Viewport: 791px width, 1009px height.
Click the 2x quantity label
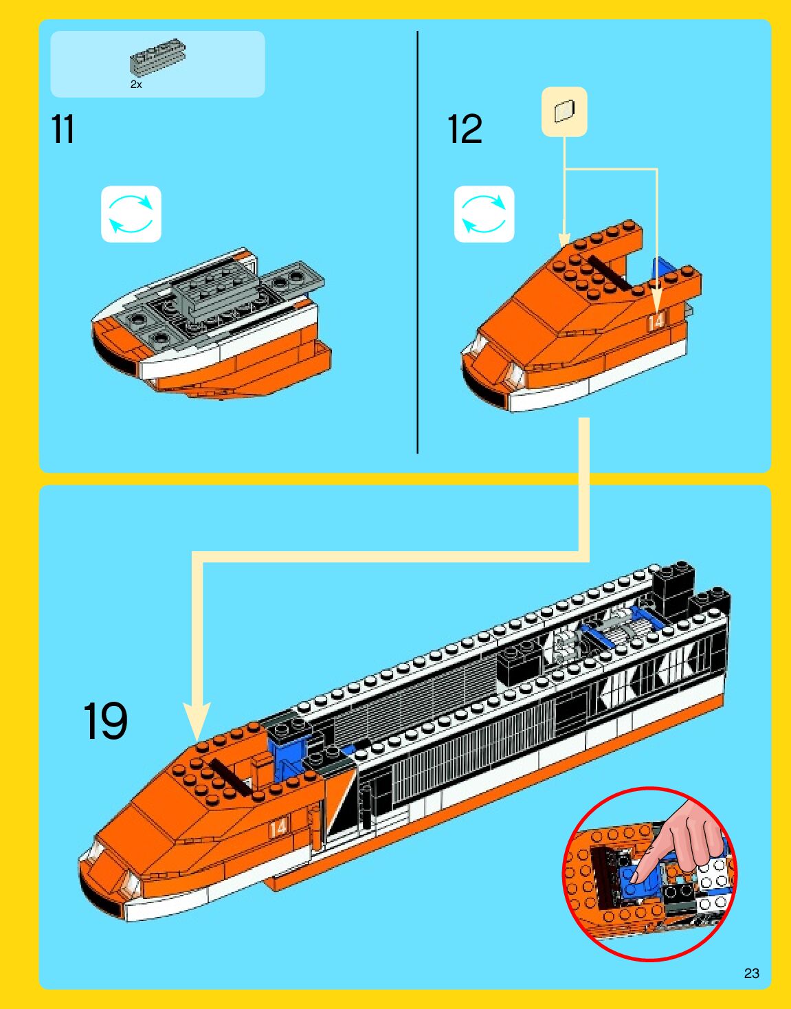136,85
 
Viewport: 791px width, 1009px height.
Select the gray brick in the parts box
157,56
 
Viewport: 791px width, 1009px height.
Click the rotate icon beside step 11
131,214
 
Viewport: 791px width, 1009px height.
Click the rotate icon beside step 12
484,214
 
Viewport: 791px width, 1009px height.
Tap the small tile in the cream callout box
564,111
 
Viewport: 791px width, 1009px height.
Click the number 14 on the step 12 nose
656,321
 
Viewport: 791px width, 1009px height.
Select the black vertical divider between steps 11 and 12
417,242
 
